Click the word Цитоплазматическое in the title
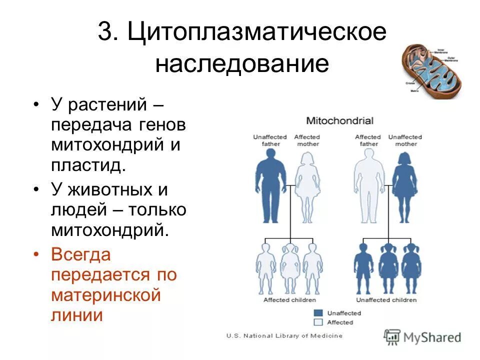(257, 32)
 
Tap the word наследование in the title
(242, 64)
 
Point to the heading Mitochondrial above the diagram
(340, 120)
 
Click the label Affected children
(289, 300)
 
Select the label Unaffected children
(386, 300)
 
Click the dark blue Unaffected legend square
(318, 313)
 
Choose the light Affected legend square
(318, 322)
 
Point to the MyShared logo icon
(392, 336)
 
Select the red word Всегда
(80, 254)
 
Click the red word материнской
(105, 295)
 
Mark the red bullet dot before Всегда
(36, 255)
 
